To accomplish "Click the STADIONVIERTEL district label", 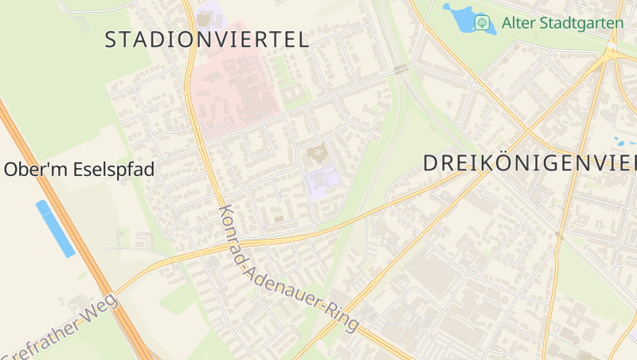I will click(207, 40).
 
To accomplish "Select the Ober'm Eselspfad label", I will click(79, 170).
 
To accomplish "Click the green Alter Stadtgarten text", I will click(562, 22).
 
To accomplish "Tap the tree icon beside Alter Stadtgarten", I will click(482, 22).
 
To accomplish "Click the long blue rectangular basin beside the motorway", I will click(55, 229).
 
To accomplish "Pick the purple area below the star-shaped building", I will click(322, 182).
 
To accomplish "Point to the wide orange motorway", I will click(72, 231).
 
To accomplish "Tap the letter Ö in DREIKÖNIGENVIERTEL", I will click(497, 163).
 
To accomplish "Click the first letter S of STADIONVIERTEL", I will click(111, 40).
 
